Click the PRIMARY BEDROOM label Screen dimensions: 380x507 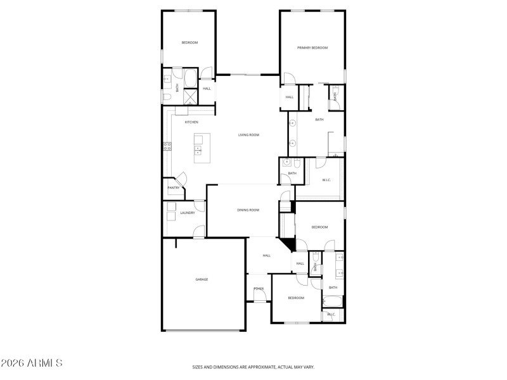[x=312, y=47]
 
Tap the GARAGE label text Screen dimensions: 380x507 [x=202, y=279]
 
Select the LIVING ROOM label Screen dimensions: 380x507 [x=248, y=135]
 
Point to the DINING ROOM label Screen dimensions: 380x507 [x=248, y=210]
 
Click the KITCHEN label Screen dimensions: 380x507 [x=191, y=122]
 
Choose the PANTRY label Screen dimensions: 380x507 [x=173, y=187]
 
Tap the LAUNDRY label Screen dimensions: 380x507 [x=187, y=213]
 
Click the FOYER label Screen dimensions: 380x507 [x=259, y=289]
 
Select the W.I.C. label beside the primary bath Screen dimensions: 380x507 [x=326, y=180]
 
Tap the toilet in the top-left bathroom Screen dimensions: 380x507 [x=165, y=98]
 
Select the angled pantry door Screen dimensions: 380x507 [x=180, y=179]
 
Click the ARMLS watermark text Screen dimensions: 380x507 [x=32, y=364]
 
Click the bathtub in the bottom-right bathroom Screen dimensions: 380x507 [x=333, y=301]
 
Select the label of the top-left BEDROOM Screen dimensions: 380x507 [x=189, y=42]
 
